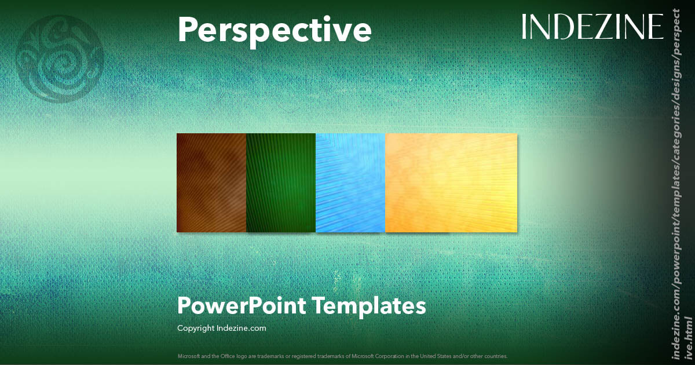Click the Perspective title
click(x=274, y=30)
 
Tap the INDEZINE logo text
click(x=592, y=27)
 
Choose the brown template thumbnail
click(x=211, y=183)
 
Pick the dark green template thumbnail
click(x=281, y=183)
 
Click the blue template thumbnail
click(x=350, y=183)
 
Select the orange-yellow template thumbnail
click(x=451, y=183)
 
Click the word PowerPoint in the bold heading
click(x=242, y=305)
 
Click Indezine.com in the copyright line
click(x=242, y=329)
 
